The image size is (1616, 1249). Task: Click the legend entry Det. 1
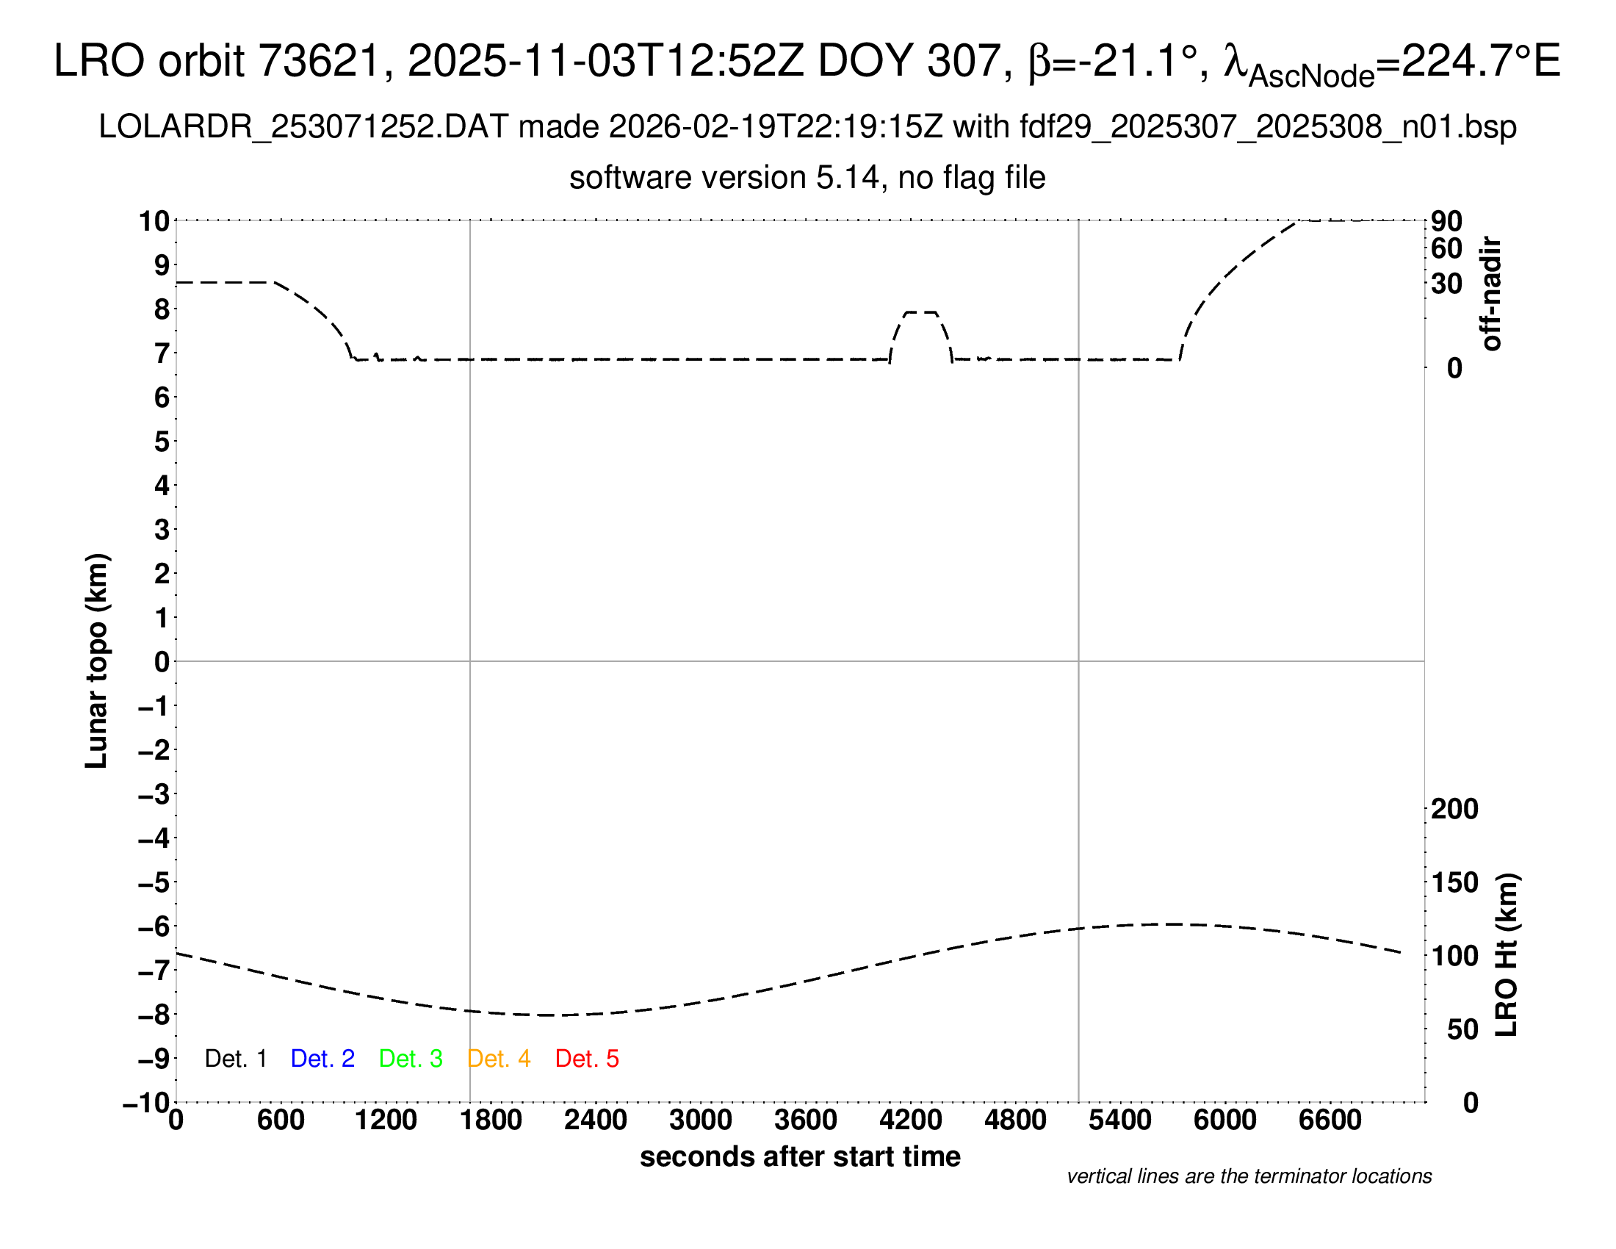pyautogui.click(x=235, y=1059)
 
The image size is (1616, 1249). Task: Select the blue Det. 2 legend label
pyautogui.click(x=322, y=1059)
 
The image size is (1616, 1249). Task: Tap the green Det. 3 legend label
pyautogui.click(x=411, y=1059)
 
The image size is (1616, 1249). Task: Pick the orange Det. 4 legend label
pyautogui.click(x=499, y=1059)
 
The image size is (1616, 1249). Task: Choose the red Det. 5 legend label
pyautogui.click(x=587, y=1059)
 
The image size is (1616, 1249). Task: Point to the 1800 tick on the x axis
pyautogui.click(x=491, y=1120)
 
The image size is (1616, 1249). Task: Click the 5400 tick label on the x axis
pyautogui.click(x=1120, y=1120)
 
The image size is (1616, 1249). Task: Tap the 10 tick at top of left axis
pyautogui.click(x=155, y=221)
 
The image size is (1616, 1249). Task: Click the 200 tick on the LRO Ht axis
pyautogui.click(x=1454, y=809)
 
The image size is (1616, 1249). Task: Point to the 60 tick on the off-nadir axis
pyautogui.click(x=1446, y=248)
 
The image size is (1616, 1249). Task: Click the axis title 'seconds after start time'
pyautogui.click(x=800, y=1156)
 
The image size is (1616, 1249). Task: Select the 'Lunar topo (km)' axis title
pyautogui.click(x=97, y=661)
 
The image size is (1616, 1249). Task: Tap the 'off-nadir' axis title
pyautogui.click(x=1491, y=294)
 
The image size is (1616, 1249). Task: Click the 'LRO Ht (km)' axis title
pyautogui.click(x=1507, y=955)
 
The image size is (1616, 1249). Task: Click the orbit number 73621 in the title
pyautogui.click(x=318, y=61)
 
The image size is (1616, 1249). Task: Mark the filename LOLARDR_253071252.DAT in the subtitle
pyautogui.click(x=303, y=127)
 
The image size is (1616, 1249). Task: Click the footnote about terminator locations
pyautogui.click(x=1249, y=1176)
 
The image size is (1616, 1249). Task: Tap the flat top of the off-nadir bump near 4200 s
pyautogui.click(x=921, y=312)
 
